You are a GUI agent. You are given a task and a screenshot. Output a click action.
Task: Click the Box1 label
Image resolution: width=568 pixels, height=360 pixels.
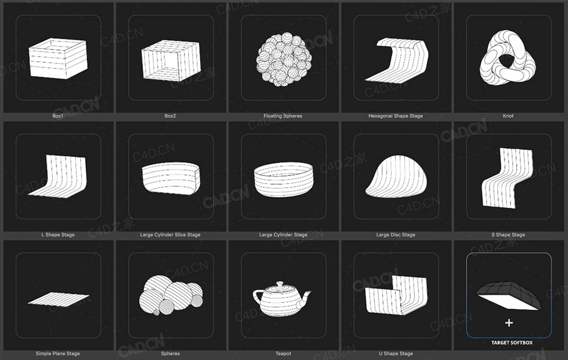tap(58, 116)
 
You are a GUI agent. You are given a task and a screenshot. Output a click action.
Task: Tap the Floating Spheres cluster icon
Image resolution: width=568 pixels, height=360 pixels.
tap(283, 58)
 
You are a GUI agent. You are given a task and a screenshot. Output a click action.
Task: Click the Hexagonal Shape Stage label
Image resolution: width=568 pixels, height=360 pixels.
tap(395, 116)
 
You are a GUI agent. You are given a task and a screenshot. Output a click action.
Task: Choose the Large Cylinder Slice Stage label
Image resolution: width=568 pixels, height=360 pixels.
tap(170, 235)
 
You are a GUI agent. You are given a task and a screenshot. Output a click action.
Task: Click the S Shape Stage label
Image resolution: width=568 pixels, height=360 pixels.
tap(508, 235)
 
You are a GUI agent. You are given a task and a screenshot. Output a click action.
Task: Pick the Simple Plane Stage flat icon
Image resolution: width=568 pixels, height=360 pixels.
tap(58, 299)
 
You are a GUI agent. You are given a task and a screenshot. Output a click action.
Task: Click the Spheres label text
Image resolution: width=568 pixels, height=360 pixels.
tap(170, 354)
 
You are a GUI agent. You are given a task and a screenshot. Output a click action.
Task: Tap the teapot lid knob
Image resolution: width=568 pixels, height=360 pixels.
tap(281, 283)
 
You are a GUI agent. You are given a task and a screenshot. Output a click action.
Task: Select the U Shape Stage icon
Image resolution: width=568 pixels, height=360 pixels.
tap(396, 294)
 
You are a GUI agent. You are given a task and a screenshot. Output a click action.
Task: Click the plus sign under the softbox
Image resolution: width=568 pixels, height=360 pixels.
tap(509, 323)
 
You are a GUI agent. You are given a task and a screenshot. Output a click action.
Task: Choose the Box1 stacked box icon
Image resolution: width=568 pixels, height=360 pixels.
tap(58, 58)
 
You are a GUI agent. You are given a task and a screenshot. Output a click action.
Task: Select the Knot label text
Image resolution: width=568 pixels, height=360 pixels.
tap(508, 116)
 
